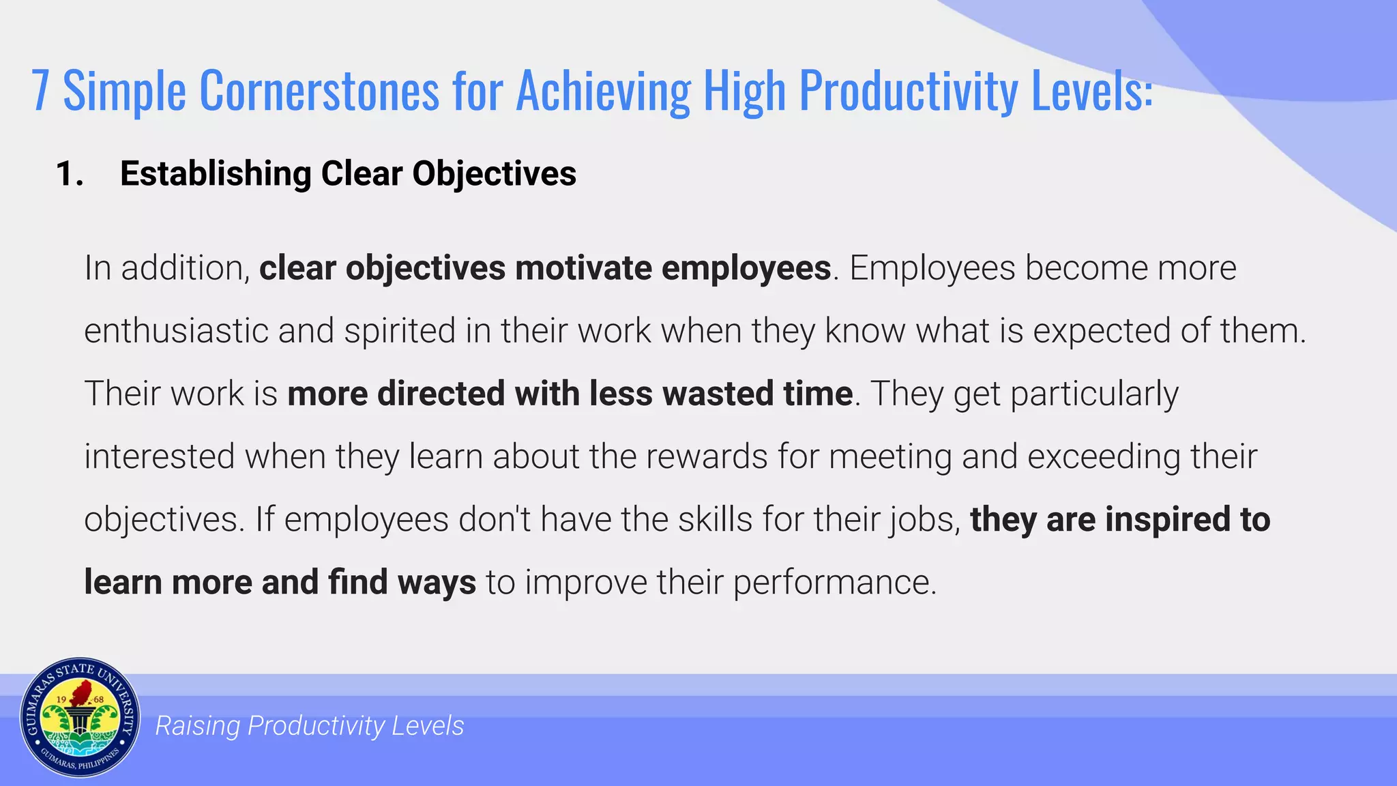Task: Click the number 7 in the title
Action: point(41,91)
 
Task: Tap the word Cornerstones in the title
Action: point(319,91)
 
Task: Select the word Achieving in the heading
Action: point(603,91)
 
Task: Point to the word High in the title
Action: point(744,91)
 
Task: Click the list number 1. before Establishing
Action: point(70,174)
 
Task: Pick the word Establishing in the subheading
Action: point(216,174)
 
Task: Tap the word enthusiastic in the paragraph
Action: point(176,332)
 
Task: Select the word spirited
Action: point(400,332)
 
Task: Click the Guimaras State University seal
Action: point(80,718)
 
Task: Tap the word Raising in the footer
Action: point(197,726)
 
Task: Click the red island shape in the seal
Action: point(82,692)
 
